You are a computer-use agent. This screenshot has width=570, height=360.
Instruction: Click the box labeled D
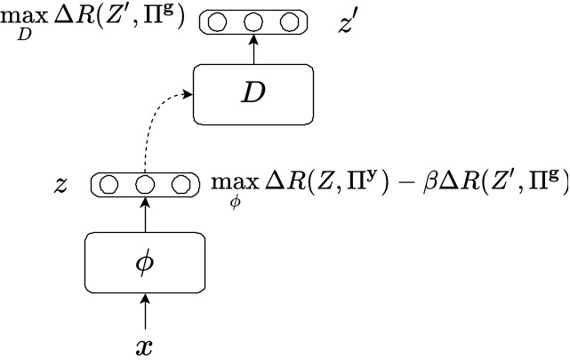(254, 95)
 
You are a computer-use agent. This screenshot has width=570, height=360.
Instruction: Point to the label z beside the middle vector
(60, 185)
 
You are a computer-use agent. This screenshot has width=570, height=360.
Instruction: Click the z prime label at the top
(349, 23)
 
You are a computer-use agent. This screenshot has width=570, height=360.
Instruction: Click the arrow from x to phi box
(145, 313)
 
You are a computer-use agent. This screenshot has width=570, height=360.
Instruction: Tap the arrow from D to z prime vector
(254, 50)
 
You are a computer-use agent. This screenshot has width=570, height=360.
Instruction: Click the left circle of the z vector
(111, 185)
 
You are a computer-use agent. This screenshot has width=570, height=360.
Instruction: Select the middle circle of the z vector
(145, 185)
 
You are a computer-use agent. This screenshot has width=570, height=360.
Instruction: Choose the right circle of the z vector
(179, 185)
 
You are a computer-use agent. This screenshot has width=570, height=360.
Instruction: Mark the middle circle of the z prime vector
(254, 22)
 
